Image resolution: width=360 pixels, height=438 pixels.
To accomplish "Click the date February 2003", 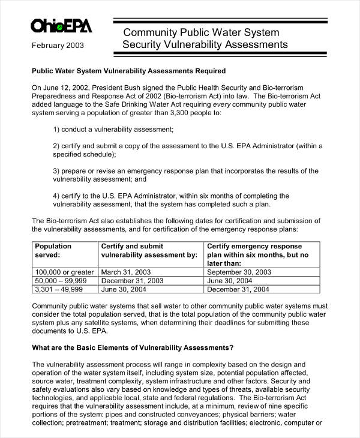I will [58, 45].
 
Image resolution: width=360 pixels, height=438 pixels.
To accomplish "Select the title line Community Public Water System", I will [201, 32].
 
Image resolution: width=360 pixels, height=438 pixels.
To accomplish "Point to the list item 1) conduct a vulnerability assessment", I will [113, 129].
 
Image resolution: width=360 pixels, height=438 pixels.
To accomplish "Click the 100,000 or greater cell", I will [64, 272].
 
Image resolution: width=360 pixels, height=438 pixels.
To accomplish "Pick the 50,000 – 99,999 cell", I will [61, 280].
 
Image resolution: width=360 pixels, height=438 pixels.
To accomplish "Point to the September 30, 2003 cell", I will [239, 272].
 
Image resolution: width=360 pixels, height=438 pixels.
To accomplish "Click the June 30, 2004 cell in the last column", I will [230, 280].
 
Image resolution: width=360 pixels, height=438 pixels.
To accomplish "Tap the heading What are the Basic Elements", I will [132, 347].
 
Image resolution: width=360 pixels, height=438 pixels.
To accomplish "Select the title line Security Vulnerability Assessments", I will [205, 45].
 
